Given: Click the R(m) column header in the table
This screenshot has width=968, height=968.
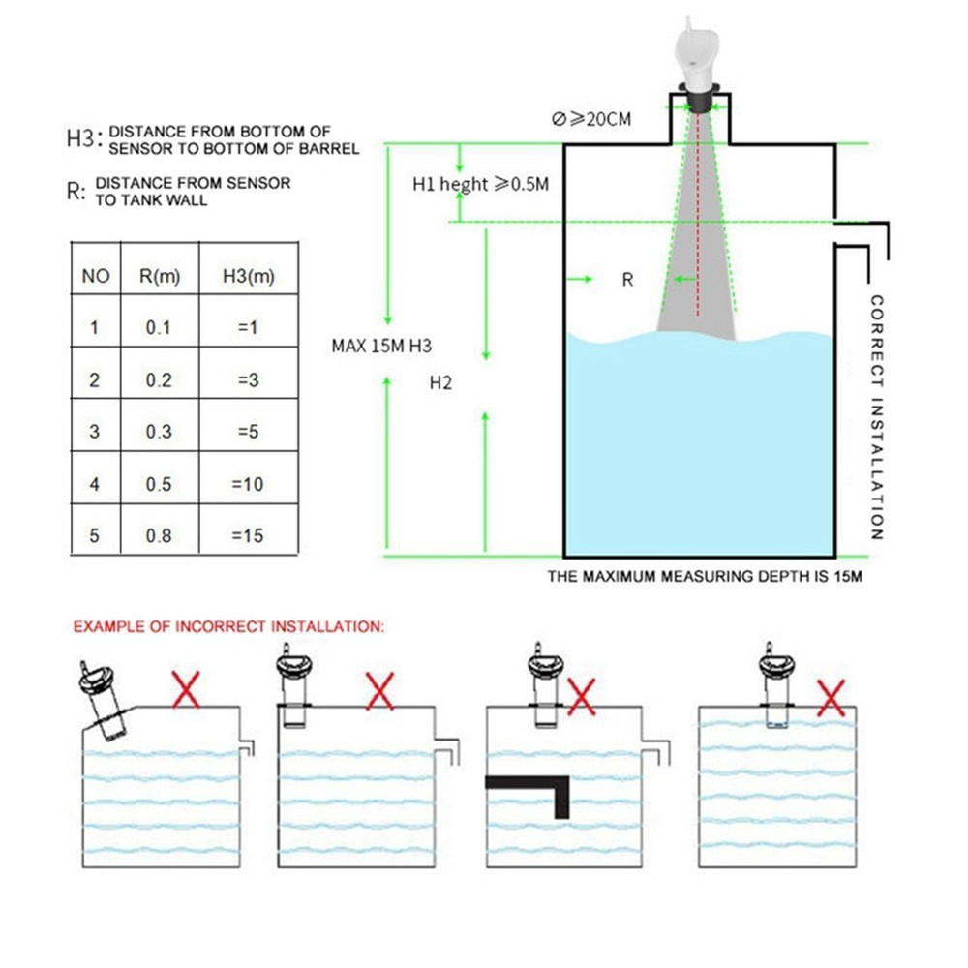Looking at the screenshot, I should (x=158, y=276).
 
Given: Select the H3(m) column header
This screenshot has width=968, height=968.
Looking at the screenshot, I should (x=249, y=276).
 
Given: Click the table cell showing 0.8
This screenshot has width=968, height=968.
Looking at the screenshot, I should (x=158, y=535).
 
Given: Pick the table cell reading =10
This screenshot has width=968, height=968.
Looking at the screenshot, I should (x=248, y=484).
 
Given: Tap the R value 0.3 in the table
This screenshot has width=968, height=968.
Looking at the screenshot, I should (x=158, y=432).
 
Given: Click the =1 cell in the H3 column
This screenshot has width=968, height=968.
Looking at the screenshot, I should (x=248, y=328).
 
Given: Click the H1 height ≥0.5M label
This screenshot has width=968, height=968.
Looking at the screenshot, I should (x=480, y=184).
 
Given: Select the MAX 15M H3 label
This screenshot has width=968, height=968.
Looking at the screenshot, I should (x=381, y=346).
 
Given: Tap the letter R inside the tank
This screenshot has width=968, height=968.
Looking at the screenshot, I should (x=627, y=280).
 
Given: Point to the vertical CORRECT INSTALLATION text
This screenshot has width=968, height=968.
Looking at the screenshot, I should (x=877, y=417).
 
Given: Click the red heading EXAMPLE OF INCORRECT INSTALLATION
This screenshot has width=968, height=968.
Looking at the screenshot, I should (x=228, y=627).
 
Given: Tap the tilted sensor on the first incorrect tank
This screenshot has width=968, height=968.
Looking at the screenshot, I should (x=104, y=702).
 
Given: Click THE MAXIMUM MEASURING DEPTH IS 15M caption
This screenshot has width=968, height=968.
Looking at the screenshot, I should (x=705, y=577).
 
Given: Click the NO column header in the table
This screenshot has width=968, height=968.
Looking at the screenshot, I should (x=95, y=276).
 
